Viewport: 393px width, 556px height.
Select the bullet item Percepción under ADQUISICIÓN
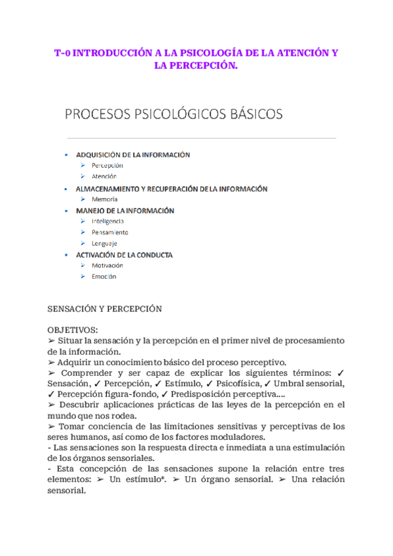pyautogui.click(x=107, y=166)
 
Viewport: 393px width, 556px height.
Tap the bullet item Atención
pyautogui.click(x=103, y=176)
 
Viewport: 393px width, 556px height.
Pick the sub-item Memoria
pyautogui.click(x=105, y=199)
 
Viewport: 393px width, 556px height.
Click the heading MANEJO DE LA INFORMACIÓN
pyautogui.click(x=124, y=211)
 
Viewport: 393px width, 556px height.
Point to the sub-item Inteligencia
pyautogui.click(x=107, y=222)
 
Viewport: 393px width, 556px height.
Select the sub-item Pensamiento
pyautogui.click(x=109, y=232)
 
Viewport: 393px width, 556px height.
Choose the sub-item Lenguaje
pyautogui.click(x=104, y=243)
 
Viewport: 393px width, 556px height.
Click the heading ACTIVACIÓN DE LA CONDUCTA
pyautogui.click(x=124, y=254)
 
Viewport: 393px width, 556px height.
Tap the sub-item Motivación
pyautogui.click(x=107, y=266)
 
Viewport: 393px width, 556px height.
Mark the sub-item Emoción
pyautogui.click(x=103, y=277)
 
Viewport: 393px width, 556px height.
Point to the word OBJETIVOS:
pyautogui.click(x=73, y=330)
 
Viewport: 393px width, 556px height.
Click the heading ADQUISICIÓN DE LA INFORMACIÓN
pyautogui.click(x=133, y=155)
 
